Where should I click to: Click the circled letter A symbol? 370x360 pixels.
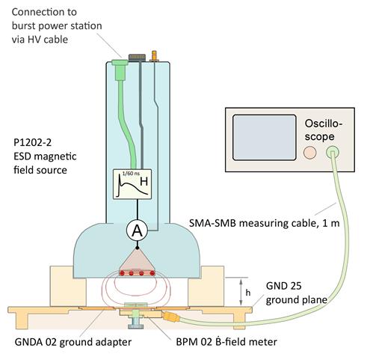coord(137,231)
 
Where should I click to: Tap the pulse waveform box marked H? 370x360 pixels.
coord(132,184)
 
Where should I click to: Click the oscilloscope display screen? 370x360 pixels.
coord(265,138)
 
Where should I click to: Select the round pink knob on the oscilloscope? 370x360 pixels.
coord(310,152)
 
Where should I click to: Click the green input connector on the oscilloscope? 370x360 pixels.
coord(333,152)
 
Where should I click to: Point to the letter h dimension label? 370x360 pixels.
coord(248,293)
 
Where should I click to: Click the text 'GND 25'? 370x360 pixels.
coord(283,286)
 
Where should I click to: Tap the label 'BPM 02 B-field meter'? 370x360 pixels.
coord(226,342)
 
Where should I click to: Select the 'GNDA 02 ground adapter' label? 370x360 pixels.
coord(73,342)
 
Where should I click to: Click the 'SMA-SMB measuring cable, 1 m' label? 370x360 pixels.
coord(265,223)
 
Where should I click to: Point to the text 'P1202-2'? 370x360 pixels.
coord(32,142)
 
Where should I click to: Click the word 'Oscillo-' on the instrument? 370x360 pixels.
coord(324,123)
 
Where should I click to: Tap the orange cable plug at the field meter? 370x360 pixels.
coord(170,317)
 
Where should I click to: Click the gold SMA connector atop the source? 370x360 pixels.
coord(154,56)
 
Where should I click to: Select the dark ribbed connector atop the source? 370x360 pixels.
coord(137,58)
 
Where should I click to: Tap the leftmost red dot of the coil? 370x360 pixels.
coord(123,273)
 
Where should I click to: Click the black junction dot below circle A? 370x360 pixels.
coord(137,248)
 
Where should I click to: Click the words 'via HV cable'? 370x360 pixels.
coord(40,40)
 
